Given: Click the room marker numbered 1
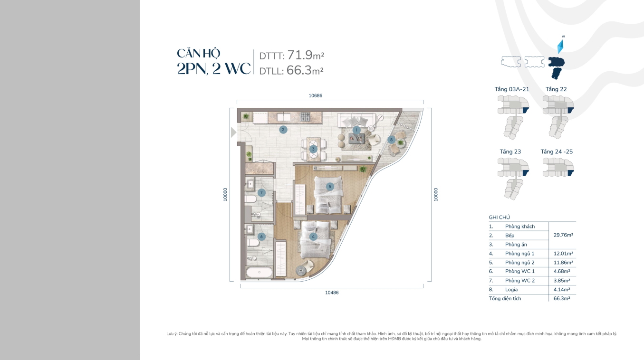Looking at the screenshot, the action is pos(356,130).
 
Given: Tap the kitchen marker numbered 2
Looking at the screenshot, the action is pos(283,130).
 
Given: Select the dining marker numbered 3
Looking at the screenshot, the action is pos(313,149).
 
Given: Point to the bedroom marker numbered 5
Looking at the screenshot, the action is pos(330,187).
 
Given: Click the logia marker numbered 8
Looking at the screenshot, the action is pos(391,140).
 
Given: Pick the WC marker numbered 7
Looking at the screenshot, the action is pos(261,192).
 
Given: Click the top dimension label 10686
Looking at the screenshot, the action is pos(316,95).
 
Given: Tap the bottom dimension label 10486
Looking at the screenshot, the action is pos(332,293).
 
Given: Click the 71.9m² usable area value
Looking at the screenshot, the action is pos(306,55).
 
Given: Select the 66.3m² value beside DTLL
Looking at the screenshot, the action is pos(305,70).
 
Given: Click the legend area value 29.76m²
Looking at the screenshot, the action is pos(563,235).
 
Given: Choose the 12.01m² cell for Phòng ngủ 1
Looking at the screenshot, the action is pos(563,254).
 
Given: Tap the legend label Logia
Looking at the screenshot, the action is pos(511,290).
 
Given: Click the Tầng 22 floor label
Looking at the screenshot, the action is pos(556,89).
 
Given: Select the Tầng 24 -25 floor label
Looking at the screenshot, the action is pos(557,152).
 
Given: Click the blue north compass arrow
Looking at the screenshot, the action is pos(560,47).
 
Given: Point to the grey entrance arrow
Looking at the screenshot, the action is pos(233,133).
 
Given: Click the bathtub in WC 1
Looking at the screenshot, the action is pos(259,272).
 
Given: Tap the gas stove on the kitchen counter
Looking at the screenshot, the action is pos(306,117).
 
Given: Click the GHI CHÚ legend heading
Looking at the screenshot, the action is pos(499,218).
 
